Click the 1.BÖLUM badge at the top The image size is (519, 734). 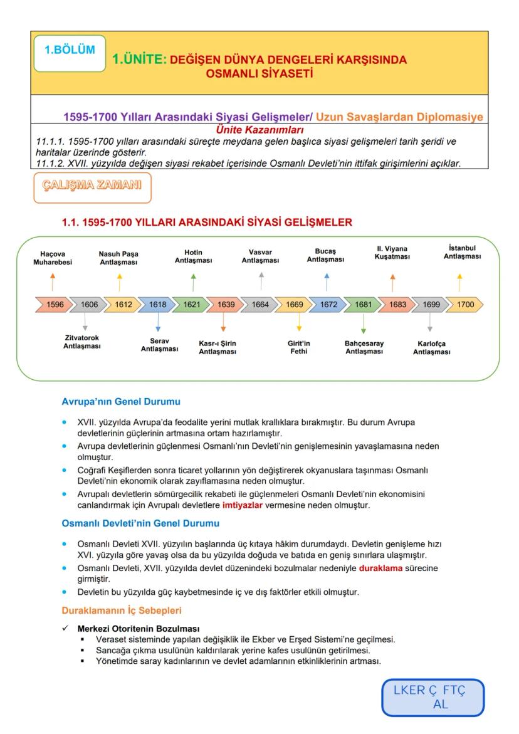pyautogui.click(x=70, y=53)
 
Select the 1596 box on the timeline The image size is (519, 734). pyautogui.click(x=54, y=305)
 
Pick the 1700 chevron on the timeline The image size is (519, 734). pyautogui.click(x=464, y=305)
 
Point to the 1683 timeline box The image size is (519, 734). pyautogui.click(x=396, y=305)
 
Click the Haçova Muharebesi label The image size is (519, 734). pyautogui.click(x=53, y=258)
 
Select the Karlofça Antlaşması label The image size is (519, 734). pyautogui.click(x=431, y=348)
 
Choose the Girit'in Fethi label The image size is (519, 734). pyautogui.click(x=298, y=347)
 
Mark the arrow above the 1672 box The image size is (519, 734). pyautogui.click(x=327, y=281)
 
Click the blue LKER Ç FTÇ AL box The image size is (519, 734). pyautogui.click(x=433, y=697)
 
